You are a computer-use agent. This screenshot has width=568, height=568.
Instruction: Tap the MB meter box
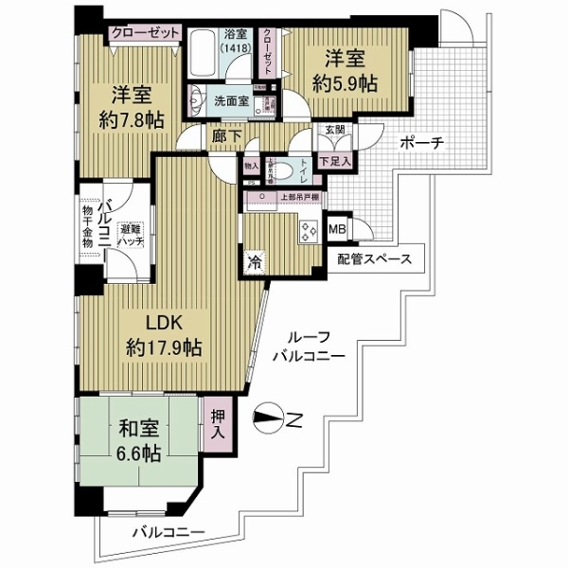click(x=336, y=228)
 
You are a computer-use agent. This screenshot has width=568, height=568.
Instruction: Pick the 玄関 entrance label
click(x=334, y=131)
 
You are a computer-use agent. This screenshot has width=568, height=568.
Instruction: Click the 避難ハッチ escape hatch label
click(x=132, y=235)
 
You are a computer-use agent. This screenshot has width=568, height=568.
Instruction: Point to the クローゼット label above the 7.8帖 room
click(x=145, y=32)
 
